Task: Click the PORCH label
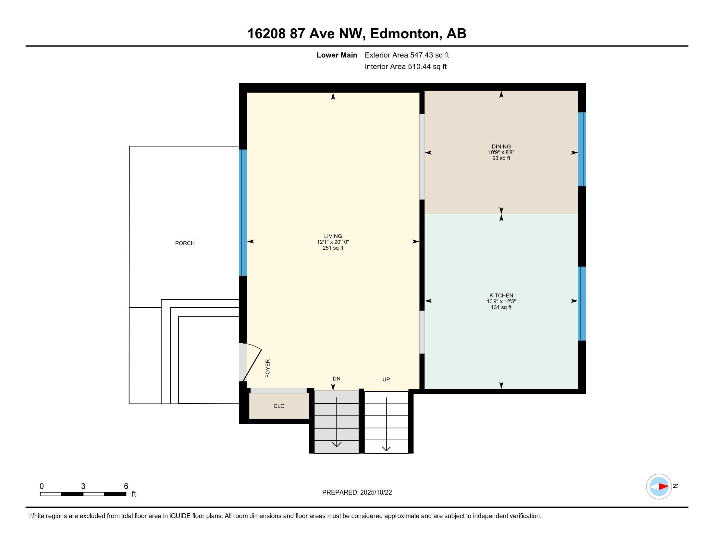[x=185, y=243]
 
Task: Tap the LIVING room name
[x=333, y=236]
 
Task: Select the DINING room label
[x=501, y=146]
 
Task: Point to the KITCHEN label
[x=501, y=295]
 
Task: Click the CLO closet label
[x=279, y=406]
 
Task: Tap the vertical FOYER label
[x=268, y=368]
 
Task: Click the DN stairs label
[x=337, y=379]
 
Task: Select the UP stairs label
[x=386, y=379]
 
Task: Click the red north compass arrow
[x=664, y=487]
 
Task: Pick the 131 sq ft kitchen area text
[x=501, y=307]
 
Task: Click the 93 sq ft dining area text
[x=501, y=158]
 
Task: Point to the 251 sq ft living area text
[x=333, y=248]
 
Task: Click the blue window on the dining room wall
[x=582, y=149]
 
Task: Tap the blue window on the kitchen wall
[x=582, y=304]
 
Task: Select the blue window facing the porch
[x=243, y=213]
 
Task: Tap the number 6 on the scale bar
[x=126, y=486]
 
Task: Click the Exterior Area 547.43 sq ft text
[x=407, y=55]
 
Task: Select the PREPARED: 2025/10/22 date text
[x=357, y=493]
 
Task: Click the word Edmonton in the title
[x=404, y=34]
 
